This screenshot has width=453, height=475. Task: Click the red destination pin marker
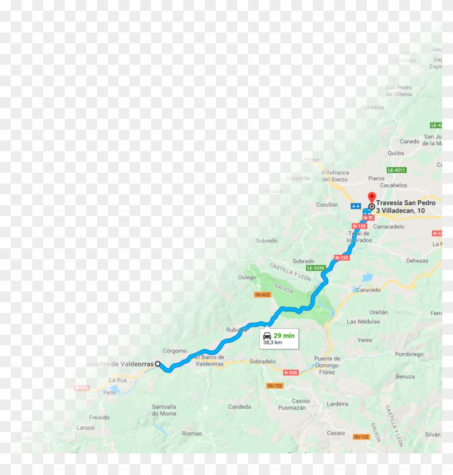pyautogui.click(x=371, y=197)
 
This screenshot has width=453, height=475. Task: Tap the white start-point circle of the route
pyautogui.click(x=158, y=364)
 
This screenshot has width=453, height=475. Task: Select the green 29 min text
pyautogui.click(x=284, y=335)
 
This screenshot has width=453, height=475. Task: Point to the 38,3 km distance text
pyautogui.click(x=272, y=343)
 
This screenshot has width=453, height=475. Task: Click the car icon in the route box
pyautogui.click(x=267, y=335)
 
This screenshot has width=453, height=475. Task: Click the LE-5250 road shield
pyautogui.click(x=315, y=268)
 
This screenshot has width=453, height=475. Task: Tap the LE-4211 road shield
pyautogui.click(x=396, y=170)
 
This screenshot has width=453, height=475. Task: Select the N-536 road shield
pyautogui.click(x=291, y=372)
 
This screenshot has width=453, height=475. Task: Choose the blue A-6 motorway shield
pyautogui.click(x=355, y=206)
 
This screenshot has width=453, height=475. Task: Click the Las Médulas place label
pyautogui.click(x=363, y=321)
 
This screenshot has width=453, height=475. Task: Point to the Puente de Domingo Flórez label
pyautogui.click(x=327, y=365)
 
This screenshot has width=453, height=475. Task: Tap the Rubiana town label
pyautogui.click(x=236, y=329)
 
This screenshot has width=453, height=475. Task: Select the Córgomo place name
pyautogui.click(x=175, y=351)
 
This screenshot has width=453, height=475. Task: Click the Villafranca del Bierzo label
pyautogui.click(x=334, y=176)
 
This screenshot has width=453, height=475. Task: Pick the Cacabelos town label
pyautogui.click(x=393, y=185)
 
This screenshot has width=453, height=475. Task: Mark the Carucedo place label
pyautogui.click(x=368, y=290)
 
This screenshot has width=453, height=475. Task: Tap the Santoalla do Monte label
pyautogui.click(x=164, y=410)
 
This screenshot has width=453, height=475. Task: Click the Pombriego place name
pyautogui.click(x=409, y=354)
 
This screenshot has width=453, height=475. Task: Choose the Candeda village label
pyautogui.click(x=239, y=406)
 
